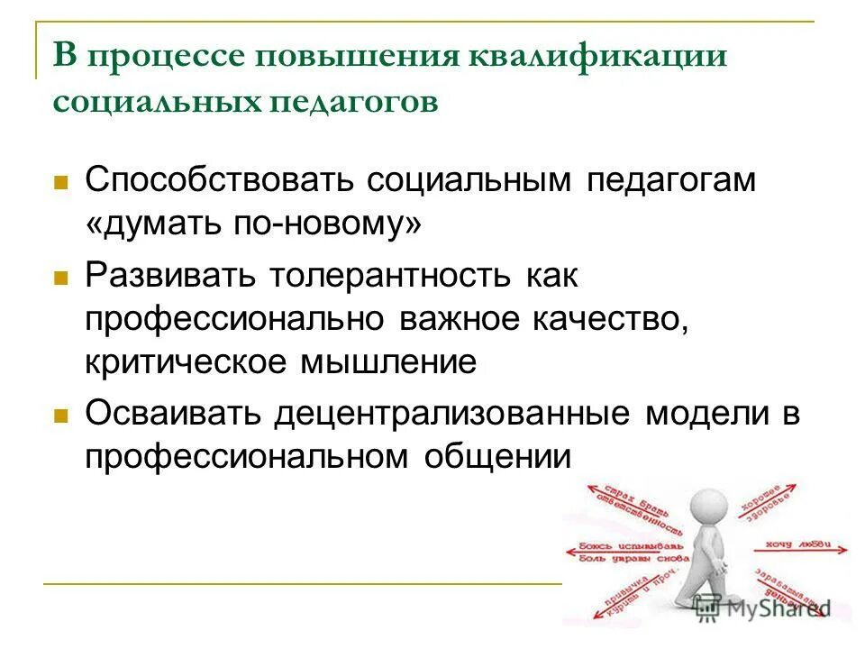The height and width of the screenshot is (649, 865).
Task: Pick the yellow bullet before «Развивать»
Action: (62, 279)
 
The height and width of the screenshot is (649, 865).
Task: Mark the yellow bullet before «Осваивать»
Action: (62, 416)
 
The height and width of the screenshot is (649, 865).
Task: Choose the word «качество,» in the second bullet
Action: (621, 319)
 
